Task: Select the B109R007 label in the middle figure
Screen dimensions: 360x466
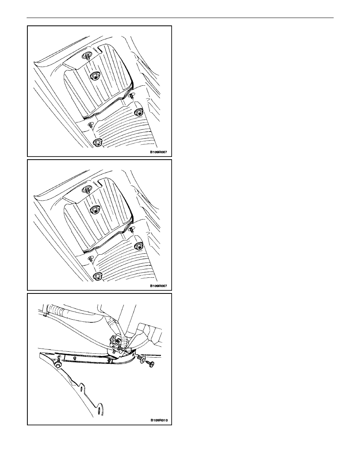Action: pyautogui.click(x=158, y=286)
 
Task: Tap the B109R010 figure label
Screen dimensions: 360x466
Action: pyautogui.click(x=159, y=420)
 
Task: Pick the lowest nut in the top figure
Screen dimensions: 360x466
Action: pyautogui.click(x=97, y=143)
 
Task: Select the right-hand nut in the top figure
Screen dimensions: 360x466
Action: pyautogui.click(x=138, y=112)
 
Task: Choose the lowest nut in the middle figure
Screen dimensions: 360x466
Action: pyautogui.click(x=97, y=276)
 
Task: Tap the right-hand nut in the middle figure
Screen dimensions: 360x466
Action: pyautogui.click(x=138, y=246)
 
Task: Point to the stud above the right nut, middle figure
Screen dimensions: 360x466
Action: pyautogui.click(x=131, y=229)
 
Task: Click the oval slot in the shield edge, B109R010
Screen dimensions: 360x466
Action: pyautogui.click(x=81, y=388)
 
